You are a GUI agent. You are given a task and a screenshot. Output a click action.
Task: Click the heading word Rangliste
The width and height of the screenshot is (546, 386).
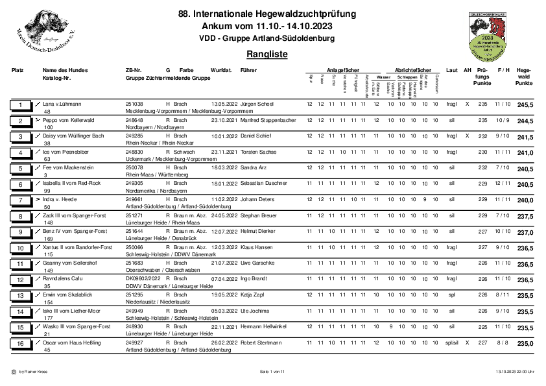(267, 54)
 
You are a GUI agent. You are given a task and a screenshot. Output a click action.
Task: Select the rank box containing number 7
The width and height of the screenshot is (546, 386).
(21, 200)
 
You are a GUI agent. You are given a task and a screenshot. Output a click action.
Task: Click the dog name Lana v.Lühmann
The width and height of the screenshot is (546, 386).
(62, 104)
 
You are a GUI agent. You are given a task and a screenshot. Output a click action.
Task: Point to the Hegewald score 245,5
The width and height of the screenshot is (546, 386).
(525, 104)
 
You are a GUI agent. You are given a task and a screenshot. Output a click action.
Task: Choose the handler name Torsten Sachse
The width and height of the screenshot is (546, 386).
(258, 152)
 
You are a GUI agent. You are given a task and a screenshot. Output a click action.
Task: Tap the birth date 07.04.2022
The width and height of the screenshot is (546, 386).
(224, 279)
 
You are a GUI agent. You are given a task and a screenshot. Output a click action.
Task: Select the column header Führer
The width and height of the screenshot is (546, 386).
(248, 69)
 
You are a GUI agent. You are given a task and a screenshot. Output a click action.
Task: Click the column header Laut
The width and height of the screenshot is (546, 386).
(452, 69)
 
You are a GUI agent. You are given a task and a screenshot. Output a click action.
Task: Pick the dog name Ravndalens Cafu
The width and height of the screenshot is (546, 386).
(64, 279)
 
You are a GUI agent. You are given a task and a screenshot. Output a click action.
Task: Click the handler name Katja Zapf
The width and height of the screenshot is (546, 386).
(254, 295)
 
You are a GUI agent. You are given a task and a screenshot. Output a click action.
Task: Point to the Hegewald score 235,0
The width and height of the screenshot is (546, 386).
(525, 343)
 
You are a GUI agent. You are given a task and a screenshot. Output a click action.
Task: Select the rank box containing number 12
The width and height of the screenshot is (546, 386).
(21, 280)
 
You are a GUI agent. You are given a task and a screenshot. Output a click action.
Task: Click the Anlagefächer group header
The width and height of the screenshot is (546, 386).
(342, 69)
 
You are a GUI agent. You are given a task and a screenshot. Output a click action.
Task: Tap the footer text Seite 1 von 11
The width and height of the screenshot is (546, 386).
(272, 372)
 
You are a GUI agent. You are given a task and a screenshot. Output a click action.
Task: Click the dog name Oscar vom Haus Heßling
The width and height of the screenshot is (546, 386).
(71, 343)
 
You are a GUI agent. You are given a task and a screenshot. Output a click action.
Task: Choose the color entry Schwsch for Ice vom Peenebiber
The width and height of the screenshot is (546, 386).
(183, 152)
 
